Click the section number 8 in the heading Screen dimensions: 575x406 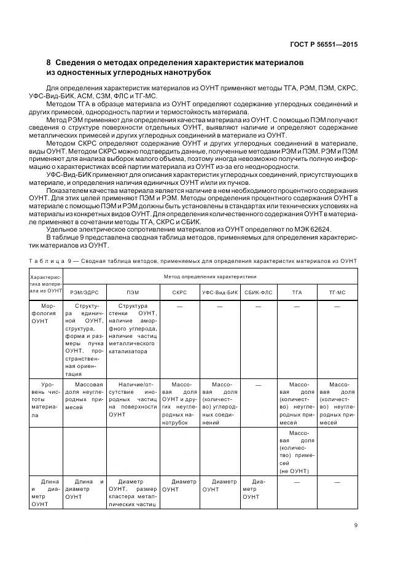coord(49,63)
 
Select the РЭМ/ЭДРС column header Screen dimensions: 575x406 coord(84,291)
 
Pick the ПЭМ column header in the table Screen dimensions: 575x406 coord(133,291)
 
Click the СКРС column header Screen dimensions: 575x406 coord(179,291)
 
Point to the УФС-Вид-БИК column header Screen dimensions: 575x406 coord(219,291)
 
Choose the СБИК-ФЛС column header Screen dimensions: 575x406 coord(258,291)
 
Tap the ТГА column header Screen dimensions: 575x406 coord(297,291)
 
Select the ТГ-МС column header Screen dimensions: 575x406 coord(337,291)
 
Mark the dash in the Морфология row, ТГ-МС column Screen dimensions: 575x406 coord(337,305)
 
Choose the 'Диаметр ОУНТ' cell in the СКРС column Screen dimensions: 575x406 coord(179,485)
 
